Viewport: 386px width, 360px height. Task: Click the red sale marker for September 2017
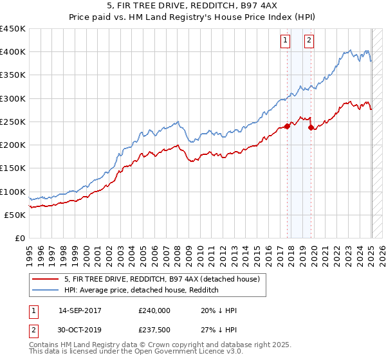[287, 126]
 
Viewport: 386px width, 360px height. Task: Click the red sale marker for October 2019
[311, 127]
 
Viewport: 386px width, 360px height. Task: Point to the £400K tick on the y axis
[13, 52]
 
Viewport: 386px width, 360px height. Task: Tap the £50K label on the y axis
[15, 215]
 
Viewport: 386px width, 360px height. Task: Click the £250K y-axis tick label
[13, 122]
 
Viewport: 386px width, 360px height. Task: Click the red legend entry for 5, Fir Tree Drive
[161, 279]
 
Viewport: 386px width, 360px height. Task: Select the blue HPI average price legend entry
[142, 290]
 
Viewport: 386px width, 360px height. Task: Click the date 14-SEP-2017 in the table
[80, 310]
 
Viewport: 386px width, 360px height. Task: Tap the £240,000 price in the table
[154, 310]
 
